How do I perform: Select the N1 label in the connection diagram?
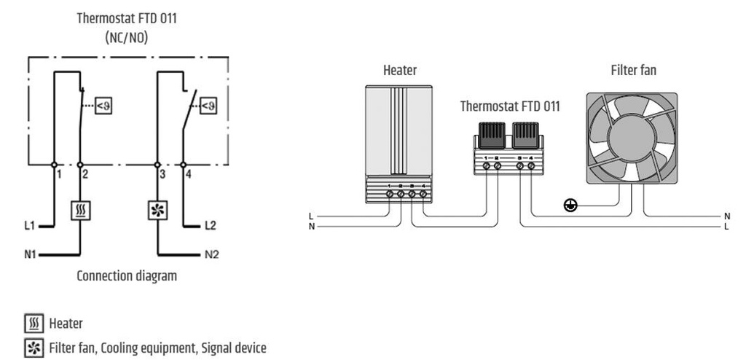click(30, 255)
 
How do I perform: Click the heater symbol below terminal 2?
click(79, 211)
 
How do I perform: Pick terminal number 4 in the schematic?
click(189, 175)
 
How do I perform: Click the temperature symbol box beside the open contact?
click(208, 106)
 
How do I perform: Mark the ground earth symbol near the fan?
click(571, 206)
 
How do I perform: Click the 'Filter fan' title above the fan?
click(633, 71)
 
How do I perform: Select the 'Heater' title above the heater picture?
click(400, 71)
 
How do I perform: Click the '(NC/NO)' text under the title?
click(127, 36)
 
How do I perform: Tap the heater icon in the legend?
click(33, 323)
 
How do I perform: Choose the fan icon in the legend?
click(33, 342)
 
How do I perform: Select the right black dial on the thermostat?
click(525, 135)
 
